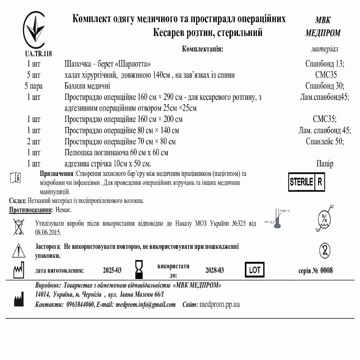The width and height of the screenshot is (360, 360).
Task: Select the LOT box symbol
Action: click(254, 270)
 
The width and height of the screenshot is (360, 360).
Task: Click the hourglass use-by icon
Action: click(139, 269)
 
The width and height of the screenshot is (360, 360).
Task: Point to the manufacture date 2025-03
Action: click(112, 270)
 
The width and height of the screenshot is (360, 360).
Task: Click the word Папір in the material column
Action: click(324, 163)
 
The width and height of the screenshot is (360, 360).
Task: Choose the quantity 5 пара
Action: click(34, 86)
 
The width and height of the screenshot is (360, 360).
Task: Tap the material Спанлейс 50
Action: click(324, 141)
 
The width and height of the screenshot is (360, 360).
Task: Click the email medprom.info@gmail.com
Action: click(145, 305)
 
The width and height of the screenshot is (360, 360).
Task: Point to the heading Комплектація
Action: click(202, 49)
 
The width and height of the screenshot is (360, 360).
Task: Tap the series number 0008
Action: click(326, 270)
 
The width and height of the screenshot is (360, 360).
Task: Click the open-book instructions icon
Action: click(15, 177)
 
